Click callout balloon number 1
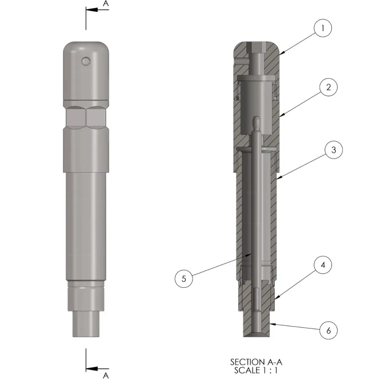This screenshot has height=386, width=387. pos(323,28)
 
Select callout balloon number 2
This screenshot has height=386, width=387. pos(328,87)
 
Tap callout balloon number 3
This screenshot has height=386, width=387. pos(334,150)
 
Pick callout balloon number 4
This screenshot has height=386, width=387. pos(323,265)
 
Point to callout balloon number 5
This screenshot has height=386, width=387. pos(184,279)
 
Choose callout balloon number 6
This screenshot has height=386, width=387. pos(328,330)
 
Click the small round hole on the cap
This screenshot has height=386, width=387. pos(86,61)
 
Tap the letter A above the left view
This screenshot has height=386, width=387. pos(106,3)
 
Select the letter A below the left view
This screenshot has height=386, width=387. pos(106,376)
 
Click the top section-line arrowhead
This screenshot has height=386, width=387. pos(92,10)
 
